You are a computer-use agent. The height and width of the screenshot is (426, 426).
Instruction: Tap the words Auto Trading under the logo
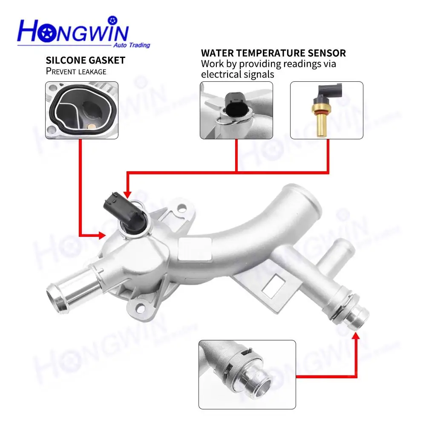pyautogui.click(x=132, y=45)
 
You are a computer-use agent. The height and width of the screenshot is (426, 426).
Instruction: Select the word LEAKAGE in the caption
pyautogui.click(x=92, y=72)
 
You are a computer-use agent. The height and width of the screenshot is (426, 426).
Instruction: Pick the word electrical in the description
pyautogui.click(x=220, y=74)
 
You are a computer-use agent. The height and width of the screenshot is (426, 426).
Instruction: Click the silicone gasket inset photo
pyautogui.click(x=82, y=110)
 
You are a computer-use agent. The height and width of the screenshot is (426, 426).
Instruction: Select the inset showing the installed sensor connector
pyautogui.click(x=236, y=110)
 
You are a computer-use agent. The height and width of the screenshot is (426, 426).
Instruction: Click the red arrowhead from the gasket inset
pyautogui.click(x=102, y=236)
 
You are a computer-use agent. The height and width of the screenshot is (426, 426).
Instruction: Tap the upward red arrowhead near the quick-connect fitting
pyautogui.click(x=355, y=336)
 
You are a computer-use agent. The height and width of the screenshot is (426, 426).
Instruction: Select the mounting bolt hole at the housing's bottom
pyautogui.click(x=140, y=308)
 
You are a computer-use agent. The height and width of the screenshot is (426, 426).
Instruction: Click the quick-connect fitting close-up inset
pyautogui.click(x=247, y=374)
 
